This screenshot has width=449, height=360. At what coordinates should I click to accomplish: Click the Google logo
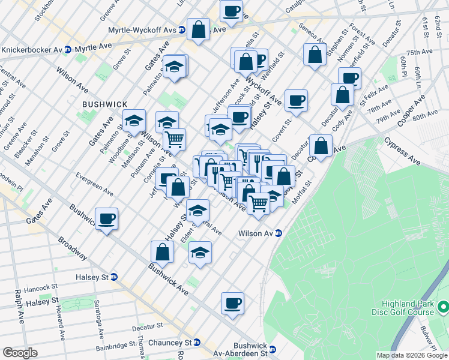[20, 352]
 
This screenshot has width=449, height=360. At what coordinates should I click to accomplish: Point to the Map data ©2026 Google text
[412, 355]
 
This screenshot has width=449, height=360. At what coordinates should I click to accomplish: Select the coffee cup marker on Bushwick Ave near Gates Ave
[107, 218]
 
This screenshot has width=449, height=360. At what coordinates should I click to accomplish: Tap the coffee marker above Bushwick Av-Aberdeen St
[232, 303]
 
